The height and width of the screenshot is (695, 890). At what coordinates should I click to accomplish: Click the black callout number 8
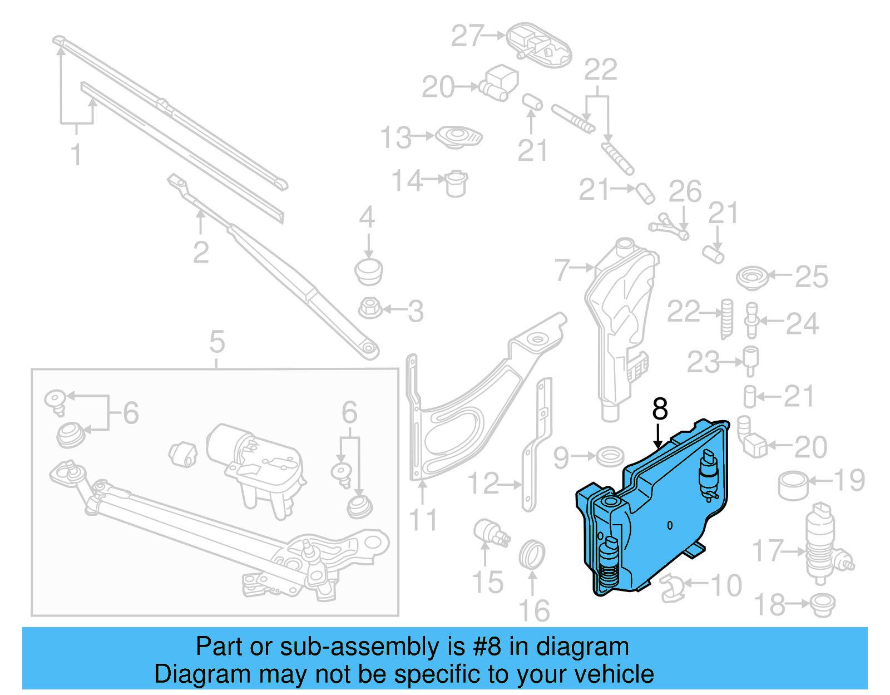click(x=660, y=409)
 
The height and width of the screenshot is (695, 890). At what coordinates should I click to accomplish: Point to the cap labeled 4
click(x=368, y=270)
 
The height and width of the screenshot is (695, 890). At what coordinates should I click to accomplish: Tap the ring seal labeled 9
click(x=610, y=457)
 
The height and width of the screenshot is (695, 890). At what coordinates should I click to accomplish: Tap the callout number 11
click(x=423, y=520)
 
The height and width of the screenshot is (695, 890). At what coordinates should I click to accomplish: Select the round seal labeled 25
click(x=752, y=277)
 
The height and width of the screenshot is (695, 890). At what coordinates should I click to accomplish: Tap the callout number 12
click(x=483, y=484)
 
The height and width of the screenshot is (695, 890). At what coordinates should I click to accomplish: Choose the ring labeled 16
click(x=532, y=554)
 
